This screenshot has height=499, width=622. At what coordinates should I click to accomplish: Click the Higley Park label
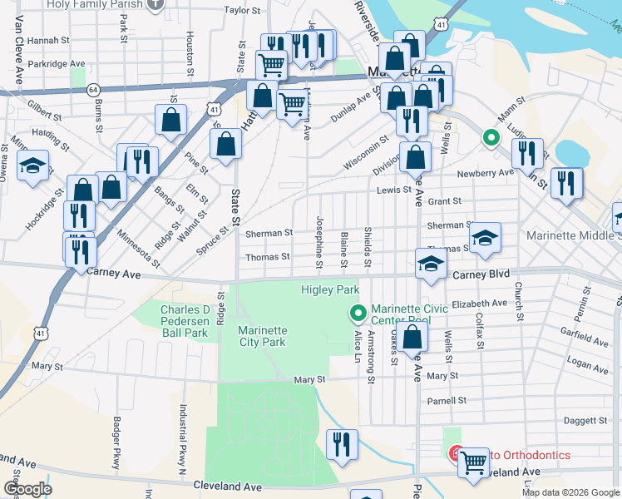329,289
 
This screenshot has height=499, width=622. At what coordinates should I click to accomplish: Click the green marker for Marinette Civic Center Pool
358,313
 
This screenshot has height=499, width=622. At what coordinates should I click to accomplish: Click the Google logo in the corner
27,489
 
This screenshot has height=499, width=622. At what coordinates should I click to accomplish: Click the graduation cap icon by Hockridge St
33,166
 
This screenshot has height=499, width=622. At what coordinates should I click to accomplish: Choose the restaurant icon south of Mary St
342,444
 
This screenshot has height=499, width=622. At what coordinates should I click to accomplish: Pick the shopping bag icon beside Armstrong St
412,337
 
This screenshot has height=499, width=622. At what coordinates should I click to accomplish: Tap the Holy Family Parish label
98,3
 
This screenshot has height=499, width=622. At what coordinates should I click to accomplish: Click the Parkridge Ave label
57,63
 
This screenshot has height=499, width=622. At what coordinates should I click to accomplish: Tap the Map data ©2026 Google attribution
570,492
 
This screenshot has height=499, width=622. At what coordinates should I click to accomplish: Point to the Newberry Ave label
486,173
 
